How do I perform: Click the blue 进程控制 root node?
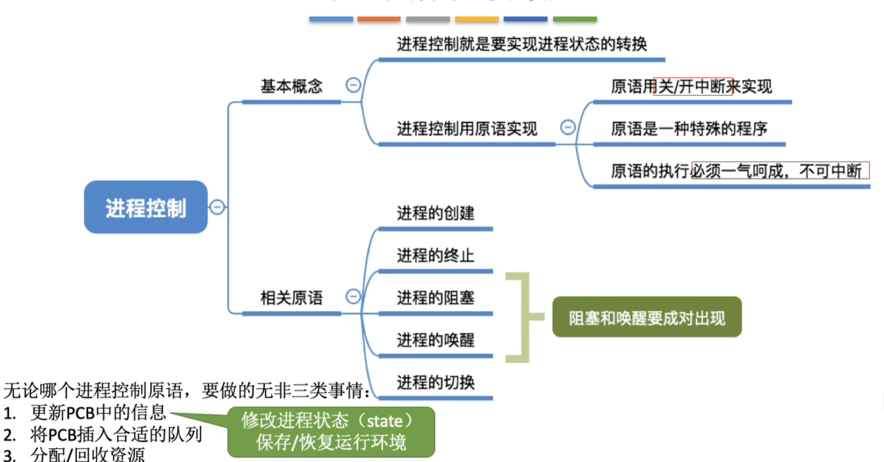pos(145,207)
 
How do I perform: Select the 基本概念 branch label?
pos(291,86)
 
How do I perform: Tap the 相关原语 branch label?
pos(291,298)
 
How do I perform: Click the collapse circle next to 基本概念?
pos(353,85)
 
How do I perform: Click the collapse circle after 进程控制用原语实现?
pos(568,127)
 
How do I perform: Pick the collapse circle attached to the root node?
pos(217,207)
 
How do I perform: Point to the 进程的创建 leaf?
pos(435,213)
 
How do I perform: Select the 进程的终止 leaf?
pos(435,255)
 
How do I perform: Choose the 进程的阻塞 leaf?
pos(435,298)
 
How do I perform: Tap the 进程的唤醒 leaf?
pos(435,340)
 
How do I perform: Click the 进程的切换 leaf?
pos(435,383)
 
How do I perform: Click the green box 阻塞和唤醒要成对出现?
pos(647,318)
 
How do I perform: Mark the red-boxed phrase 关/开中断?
pos(693,86)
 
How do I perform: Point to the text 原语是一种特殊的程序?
pos(689,129)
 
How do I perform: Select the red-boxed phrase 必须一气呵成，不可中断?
pos(780,171)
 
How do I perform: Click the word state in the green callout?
pos(384,421)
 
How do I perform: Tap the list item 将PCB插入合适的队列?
pos(116,434)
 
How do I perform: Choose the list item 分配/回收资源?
pos(87,454)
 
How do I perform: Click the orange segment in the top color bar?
pos(379,19)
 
